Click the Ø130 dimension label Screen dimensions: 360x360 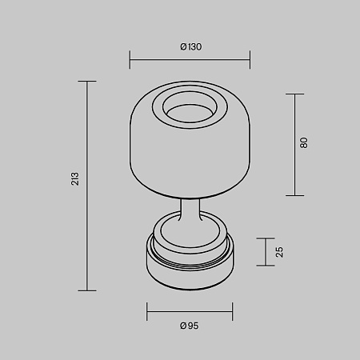click(190, 46)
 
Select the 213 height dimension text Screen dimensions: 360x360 click(74, 179)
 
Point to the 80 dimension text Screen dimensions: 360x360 click(304, 142)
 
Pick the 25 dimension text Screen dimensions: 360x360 click(279, 252)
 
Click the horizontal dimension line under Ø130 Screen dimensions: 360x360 click(190, 59)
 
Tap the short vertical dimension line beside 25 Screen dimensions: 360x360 click(266, 252)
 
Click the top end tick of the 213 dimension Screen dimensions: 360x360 click(86, 81)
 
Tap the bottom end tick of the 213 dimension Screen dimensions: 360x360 click(86, 290)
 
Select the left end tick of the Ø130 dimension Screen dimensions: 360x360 click(130, 59)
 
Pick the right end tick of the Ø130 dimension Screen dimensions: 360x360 click(250, 59)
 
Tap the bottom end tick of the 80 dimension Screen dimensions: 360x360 click(294, 194)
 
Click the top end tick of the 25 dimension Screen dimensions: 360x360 click(266, 238)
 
